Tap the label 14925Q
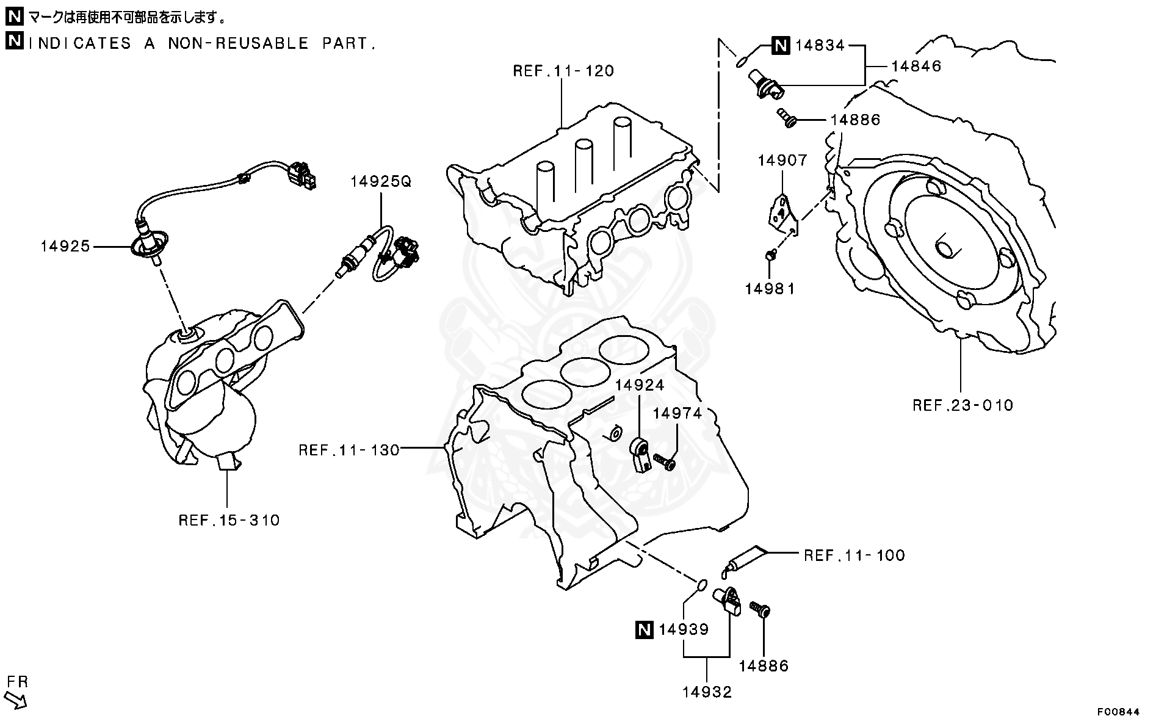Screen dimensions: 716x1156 point(381,181)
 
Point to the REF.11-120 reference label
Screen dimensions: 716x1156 point(563,71)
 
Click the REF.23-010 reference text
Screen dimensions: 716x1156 point(963,405)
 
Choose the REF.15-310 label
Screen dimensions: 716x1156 point(229,520)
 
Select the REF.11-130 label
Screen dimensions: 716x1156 point(349,450)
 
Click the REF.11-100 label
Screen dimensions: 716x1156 point(854,555)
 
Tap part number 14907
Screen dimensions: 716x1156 point(782,161)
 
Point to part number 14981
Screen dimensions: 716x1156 point(770,289)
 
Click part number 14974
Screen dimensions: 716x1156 point(677,413)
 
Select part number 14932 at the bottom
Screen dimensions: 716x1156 point(707,692)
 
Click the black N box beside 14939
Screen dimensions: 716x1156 point(644,629)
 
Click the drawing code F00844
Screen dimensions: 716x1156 point(1118,711)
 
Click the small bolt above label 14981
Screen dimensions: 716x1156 point(770,255)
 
